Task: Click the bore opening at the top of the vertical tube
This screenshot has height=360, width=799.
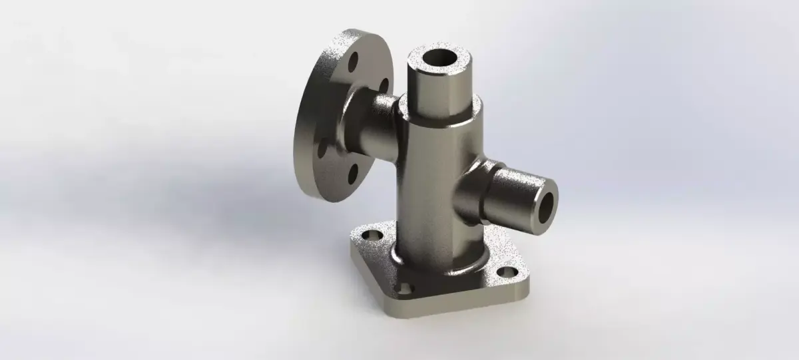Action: (439, 59)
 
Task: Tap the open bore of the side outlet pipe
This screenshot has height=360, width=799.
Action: (547, 208)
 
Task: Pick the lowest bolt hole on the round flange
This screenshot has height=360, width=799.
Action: (352, 174)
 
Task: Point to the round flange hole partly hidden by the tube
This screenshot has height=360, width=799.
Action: (384, 85)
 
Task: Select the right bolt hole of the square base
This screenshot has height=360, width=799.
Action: (507, 272)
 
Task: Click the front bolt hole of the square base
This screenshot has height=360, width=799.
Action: (404, 288)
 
